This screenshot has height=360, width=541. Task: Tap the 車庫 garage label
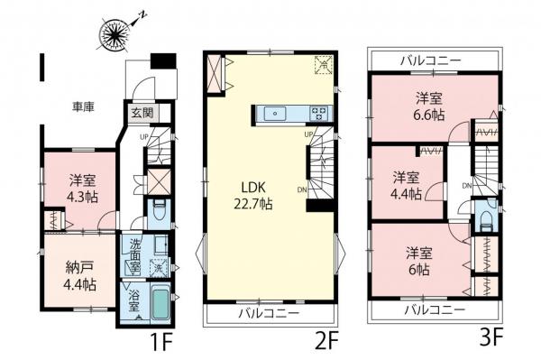coord(84,106)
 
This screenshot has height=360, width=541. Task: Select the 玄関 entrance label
coord(142,113)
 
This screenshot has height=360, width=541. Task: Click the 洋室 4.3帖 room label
coord(81,185)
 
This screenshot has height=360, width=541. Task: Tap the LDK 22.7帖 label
coord(256,196)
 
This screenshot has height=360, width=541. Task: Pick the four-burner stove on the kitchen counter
coord(320,114)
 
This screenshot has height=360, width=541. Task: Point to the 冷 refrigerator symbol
coord(322,64)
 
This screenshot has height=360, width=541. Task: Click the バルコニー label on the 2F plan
coord(267,315)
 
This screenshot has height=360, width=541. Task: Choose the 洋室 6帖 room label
coord(417,262)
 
